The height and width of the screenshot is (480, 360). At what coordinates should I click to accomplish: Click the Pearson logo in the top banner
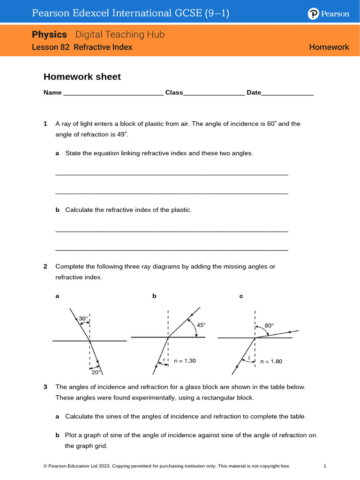click(x=329, y=14)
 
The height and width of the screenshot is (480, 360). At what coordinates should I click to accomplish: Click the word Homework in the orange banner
click(x=329, y=47)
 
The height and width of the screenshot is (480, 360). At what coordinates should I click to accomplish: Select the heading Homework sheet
click(x=82, y=77)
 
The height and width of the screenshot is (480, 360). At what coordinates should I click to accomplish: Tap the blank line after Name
click(x=113, y=93)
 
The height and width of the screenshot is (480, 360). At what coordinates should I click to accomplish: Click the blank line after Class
click(x=214, y=93)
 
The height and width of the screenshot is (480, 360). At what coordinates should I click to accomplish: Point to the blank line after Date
click(x=287, y=93)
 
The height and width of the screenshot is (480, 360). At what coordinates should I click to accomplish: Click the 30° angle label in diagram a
click(x=83, y=319)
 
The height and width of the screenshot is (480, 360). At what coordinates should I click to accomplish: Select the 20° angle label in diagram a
click(x=96, y=372)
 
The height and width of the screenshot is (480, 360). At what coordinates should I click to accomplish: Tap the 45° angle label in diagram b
click(x=201, y=324)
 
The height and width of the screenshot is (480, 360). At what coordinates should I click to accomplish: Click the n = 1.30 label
click(x=185, y=360)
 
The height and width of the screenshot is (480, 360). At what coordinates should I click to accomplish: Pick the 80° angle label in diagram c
click(x=269, y=325)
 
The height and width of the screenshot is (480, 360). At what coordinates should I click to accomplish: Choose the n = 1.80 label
click(x=271, y=361)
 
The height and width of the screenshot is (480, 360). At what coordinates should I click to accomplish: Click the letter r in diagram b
click(x=164, y=360)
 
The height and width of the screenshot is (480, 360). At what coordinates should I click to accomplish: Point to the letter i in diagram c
click(x=248, y=359)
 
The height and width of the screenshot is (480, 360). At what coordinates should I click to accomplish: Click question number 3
click(x=45, y=387)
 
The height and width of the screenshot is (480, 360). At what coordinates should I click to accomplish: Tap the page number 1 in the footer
click(x=324, y=466)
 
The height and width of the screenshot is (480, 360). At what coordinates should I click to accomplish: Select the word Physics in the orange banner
click(x=50, y=35)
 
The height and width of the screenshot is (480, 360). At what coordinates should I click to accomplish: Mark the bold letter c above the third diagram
click(x=241, y=296)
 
